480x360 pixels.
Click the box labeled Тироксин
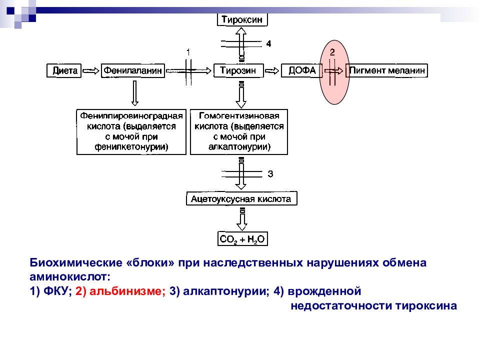pos(242,19)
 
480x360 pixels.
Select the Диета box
pos(64,70)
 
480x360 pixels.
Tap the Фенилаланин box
pos(133,70)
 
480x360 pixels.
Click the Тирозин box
pos(238,70)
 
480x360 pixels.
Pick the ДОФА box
pos(301,70)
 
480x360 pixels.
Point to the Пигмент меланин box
pos(386,70)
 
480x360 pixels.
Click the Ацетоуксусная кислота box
pos(241,198)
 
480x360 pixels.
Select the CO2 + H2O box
pos(242,239)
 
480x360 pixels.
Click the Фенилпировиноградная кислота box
pos(131,132)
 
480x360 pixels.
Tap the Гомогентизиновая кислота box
pos(239,132)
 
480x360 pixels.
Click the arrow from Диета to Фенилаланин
pos(91,71)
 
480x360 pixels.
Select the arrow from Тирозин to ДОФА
pos(272,71)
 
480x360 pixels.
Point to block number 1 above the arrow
pos(188,52)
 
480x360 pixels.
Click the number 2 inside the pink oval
pos(332,52)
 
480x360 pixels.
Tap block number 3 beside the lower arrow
pos(270,174)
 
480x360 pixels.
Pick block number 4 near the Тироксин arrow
pos(268,44)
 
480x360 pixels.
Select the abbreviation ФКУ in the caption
pos(57,291)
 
